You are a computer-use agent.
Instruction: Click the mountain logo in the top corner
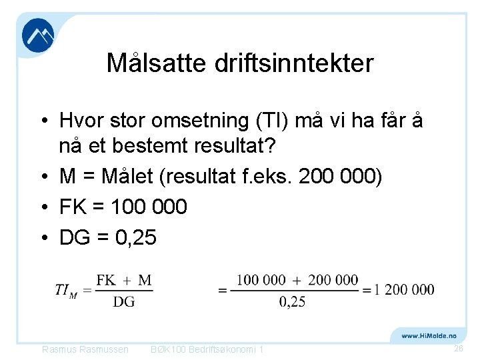(x=38, y=35)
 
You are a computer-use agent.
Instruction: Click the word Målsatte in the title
(x=157, y=63)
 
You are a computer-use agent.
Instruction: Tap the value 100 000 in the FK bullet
(x=149, y=207)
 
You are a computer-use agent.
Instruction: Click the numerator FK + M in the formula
(x=124, y=280)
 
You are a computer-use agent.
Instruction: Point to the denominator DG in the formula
(x=123, y=302)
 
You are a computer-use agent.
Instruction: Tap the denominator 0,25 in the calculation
(x=292, y=302)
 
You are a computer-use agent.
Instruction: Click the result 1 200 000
(x=404, y=289)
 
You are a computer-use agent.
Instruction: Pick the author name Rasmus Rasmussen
(x=85, y=349)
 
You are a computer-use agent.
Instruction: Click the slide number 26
(x=458, y=349)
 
